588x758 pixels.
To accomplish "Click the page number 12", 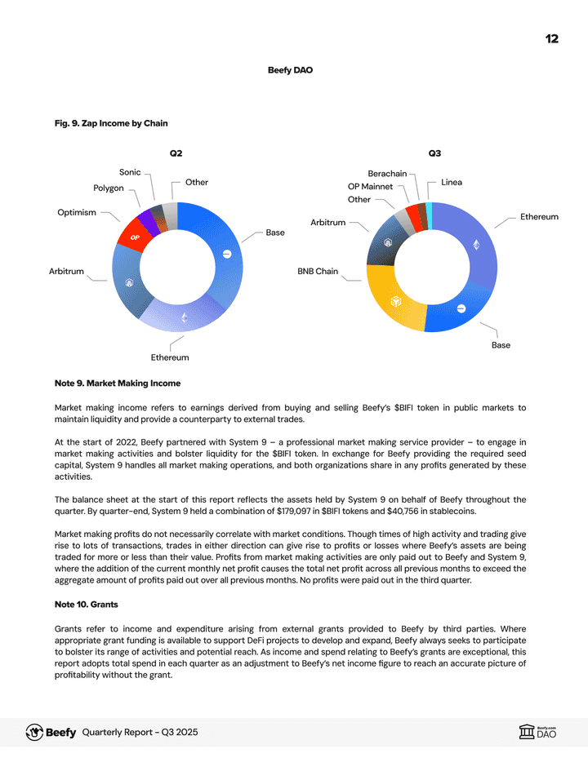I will point(552,39).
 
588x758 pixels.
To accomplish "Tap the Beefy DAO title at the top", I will point(290,70).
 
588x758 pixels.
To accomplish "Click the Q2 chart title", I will point(176,153).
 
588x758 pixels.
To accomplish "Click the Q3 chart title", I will point(434,153).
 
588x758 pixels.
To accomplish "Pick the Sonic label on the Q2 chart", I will point(130,172).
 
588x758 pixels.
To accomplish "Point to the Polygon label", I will point(109,188).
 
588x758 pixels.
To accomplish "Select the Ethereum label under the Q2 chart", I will point(170,357).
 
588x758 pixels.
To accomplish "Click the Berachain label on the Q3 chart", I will point(387,174).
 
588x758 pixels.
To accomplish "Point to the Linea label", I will point(452,182).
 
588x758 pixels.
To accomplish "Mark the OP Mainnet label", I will point(370,187).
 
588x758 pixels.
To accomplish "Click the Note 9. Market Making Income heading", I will point(118,383).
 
